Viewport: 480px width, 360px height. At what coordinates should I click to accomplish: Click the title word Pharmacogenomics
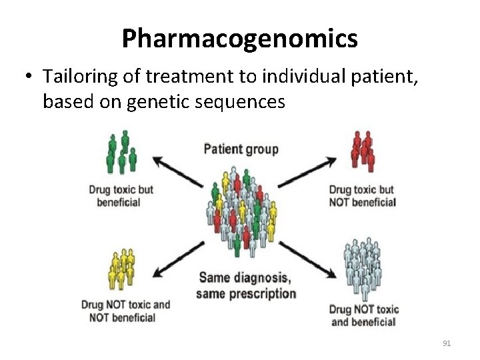pos(239,39)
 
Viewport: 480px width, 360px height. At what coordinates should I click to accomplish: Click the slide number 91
pos(447,343)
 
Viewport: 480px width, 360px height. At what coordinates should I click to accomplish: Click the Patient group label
pos(241,148)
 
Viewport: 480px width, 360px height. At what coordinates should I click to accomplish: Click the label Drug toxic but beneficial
pos(121,195)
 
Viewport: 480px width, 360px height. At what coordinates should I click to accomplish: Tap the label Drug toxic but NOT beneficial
pos(362,195)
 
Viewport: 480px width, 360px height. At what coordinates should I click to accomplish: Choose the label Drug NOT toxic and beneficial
pos(364,315)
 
